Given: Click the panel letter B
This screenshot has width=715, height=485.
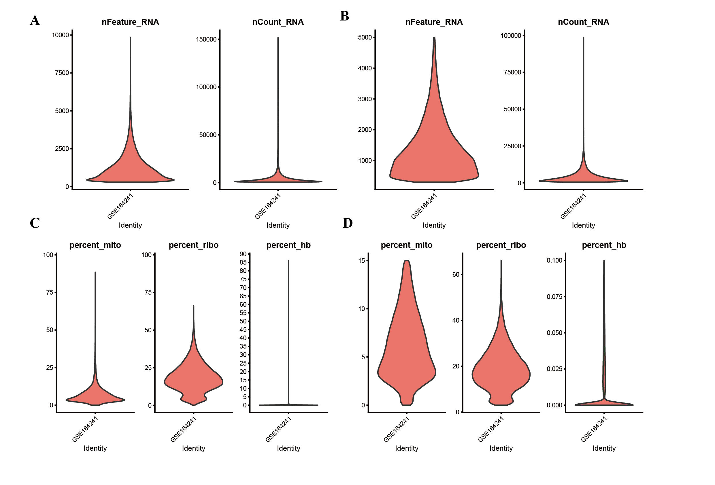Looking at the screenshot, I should [345, 16].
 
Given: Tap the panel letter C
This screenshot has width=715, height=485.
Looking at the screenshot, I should [35, 223].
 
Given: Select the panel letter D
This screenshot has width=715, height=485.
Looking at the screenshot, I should [348, 223].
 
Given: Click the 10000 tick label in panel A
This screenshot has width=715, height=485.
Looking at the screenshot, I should [60, 35].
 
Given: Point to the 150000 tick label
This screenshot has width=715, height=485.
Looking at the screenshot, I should [206, 40].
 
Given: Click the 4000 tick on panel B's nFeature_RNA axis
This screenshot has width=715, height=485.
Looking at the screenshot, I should [365, 68].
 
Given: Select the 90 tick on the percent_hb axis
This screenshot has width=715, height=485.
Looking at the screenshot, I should [243, 254].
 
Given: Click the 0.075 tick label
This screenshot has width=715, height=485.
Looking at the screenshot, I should [554, 297].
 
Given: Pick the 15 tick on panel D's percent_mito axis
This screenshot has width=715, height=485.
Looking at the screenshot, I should [361, 261].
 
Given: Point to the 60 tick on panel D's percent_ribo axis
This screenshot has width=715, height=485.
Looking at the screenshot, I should [456, 275].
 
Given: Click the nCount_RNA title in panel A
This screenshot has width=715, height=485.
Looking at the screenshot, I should [278, 22].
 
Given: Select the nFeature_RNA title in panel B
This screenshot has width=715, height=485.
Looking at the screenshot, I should [434, 22].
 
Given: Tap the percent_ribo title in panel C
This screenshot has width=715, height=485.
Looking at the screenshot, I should [193, 245].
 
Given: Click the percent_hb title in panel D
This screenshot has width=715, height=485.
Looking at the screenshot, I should [604, 245].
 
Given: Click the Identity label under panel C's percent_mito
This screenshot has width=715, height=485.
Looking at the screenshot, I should [95, 448].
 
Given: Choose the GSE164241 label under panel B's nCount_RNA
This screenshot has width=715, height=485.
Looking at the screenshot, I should [573, 206].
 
